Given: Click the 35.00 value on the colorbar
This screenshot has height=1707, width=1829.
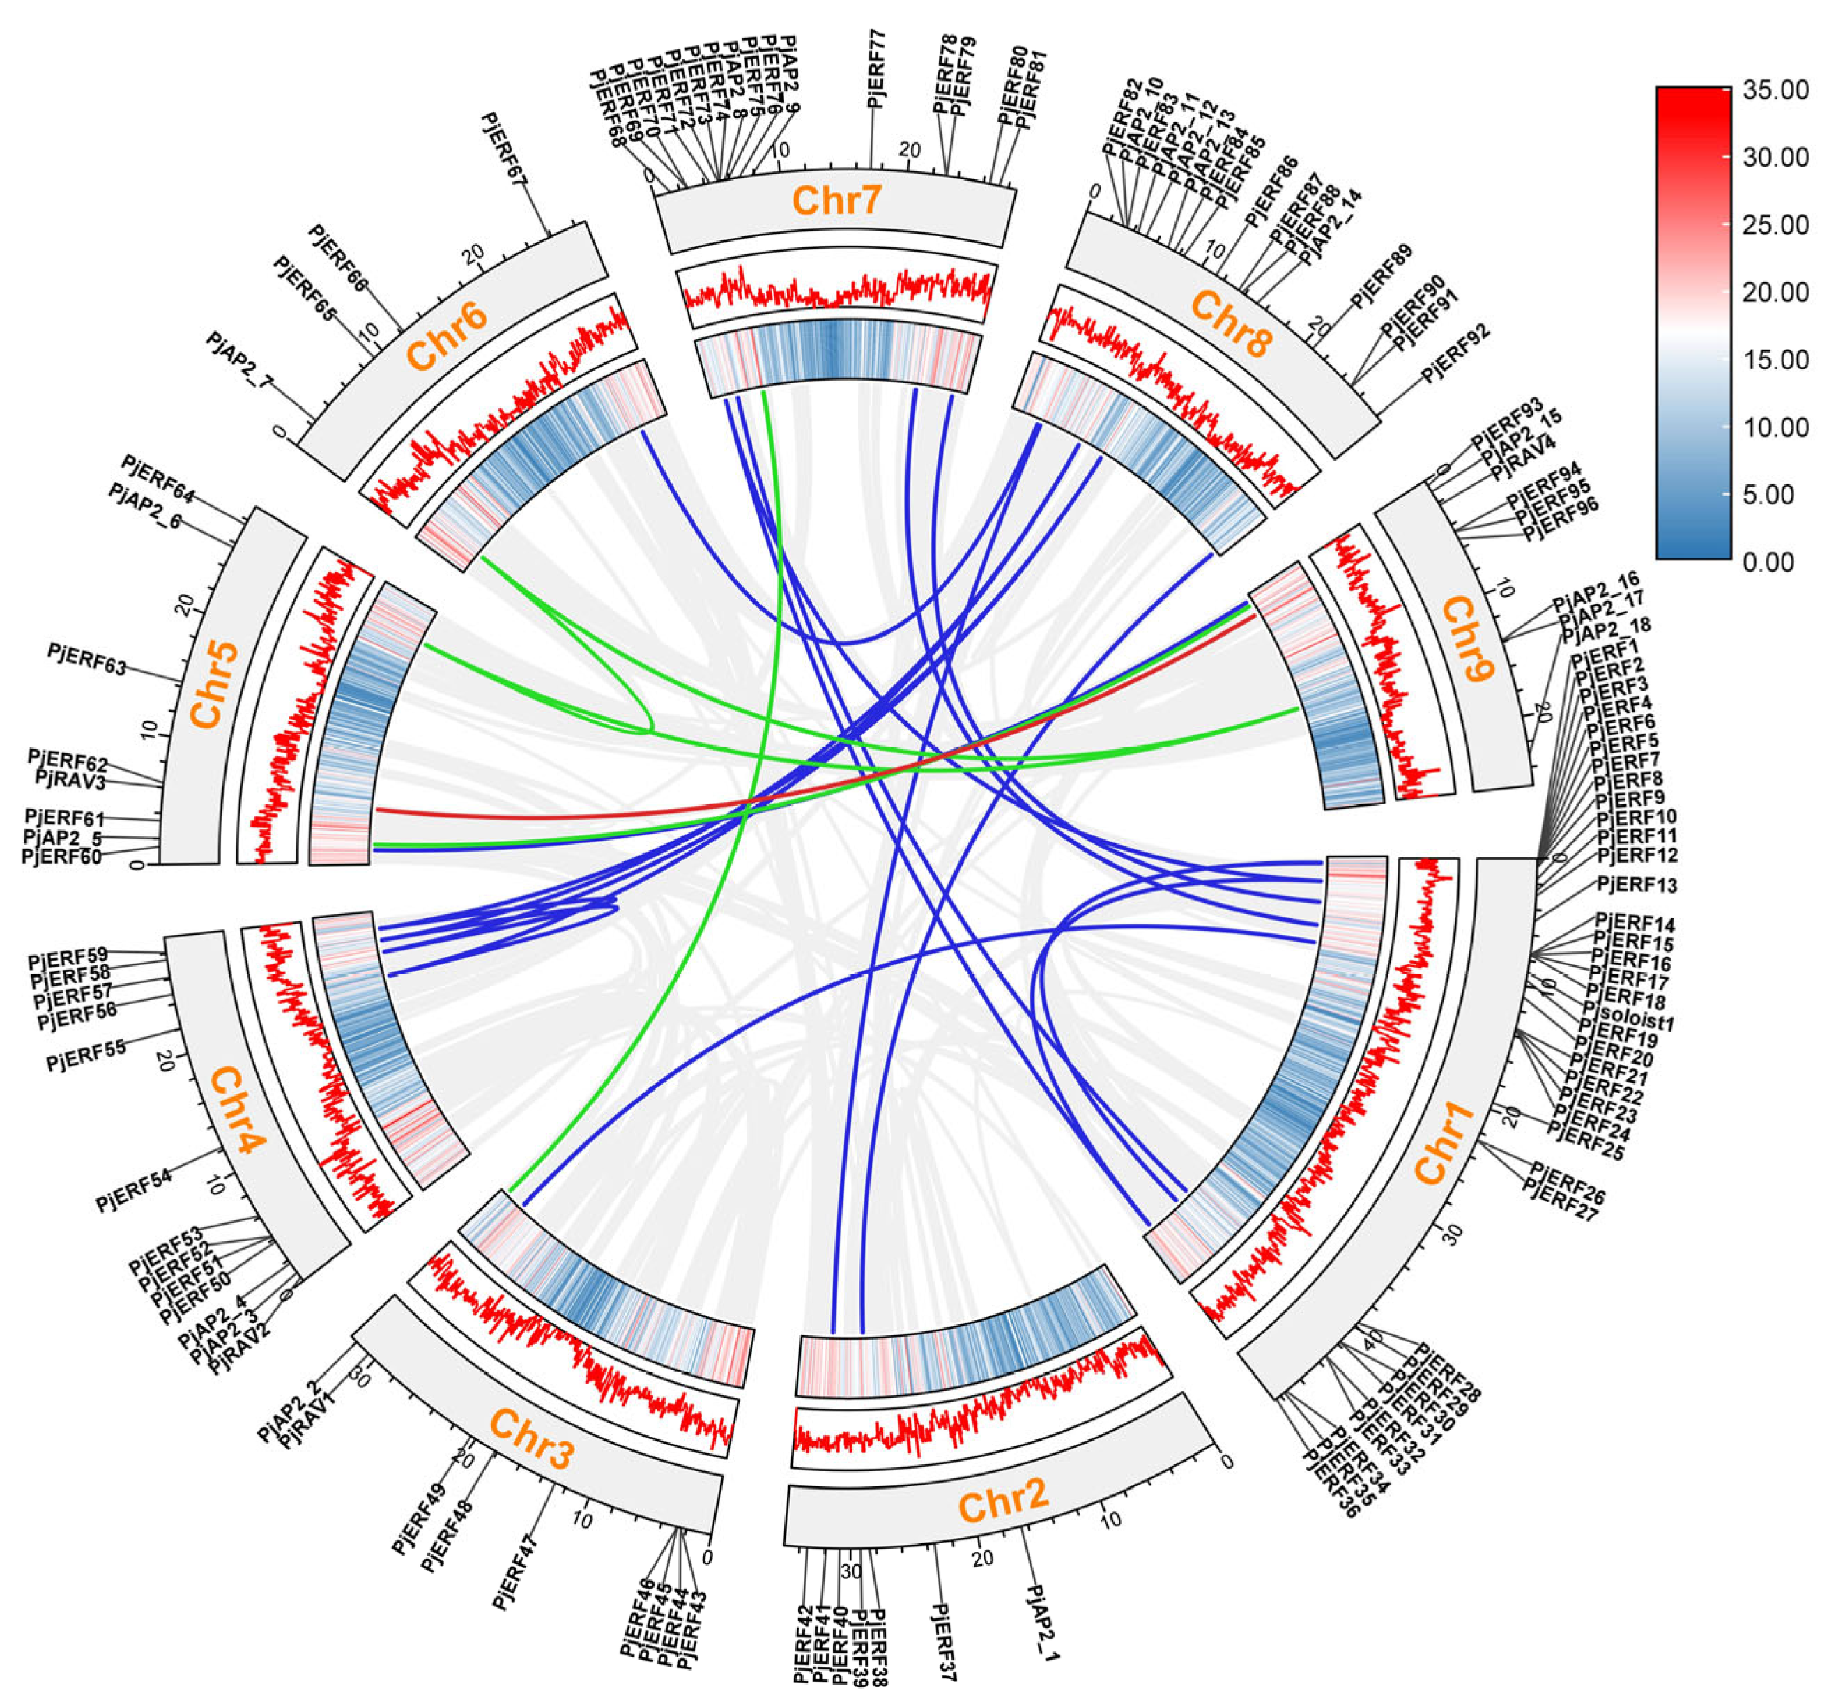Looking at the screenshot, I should pos(1775,90).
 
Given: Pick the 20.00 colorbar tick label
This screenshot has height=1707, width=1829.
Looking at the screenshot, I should pos(1775,293).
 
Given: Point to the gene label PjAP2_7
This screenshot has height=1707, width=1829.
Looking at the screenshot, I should pos(239,362).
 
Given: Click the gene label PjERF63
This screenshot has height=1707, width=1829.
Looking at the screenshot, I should pos(86,659).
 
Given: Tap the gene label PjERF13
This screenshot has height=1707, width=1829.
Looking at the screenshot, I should pos(1637,885).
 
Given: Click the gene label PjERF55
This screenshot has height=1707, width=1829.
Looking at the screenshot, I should pos(86,1057).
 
